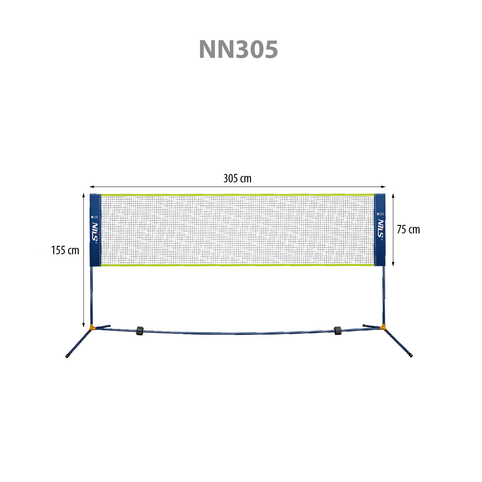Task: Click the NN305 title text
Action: click(x=238, y=49)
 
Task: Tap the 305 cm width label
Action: click(x=237, y=179)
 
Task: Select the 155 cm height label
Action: click(x=65, y=250)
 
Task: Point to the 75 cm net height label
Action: click(x=408, y=230)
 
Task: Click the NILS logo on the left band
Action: click(x=95, y=231)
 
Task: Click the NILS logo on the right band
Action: click(x=380, y=229)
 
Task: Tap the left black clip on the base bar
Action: click(x=139, y=331)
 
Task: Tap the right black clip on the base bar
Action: click(x=338, y=331)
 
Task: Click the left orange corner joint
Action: click(x=92, y=327)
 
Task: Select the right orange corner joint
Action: click(x=382, y=327)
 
